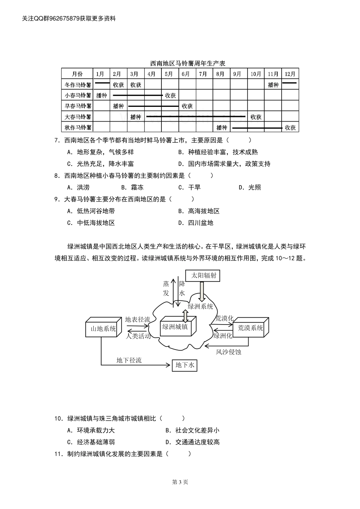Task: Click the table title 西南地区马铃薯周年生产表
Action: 188,63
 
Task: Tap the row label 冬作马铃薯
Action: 78,85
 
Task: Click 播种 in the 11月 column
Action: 273,85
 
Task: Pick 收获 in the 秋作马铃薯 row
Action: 290,128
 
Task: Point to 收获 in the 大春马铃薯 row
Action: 256,117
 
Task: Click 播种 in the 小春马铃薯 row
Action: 102,95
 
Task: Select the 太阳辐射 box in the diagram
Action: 204,275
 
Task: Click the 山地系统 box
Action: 103,328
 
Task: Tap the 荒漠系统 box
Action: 250,328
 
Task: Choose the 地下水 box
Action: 185,365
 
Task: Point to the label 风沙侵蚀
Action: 229,352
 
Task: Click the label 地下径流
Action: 129,360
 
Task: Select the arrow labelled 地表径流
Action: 138,325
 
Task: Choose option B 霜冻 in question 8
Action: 133,187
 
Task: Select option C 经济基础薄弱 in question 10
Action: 91,442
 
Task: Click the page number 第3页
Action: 180,482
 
